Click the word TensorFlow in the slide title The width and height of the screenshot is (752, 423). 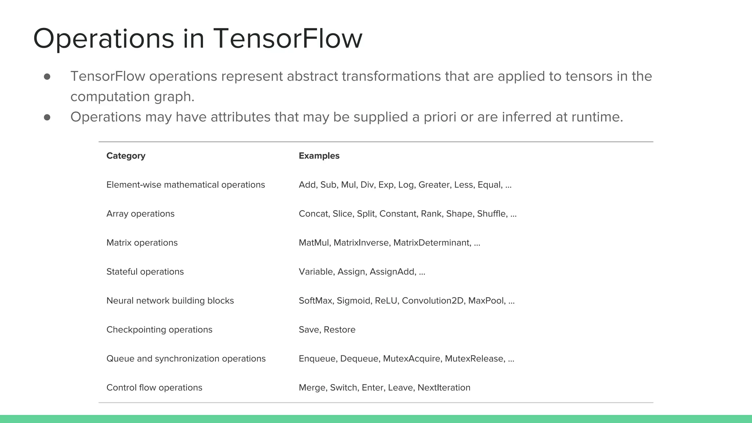pos(288,39)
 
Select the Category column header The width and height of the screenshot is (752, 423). pos(126,156)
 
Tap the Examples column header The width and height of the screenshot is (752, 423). pos(319,156)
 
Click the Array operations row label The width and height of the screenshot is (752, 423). pos(140,214)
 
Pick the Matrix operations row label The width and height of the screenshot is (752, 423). pos(142,243)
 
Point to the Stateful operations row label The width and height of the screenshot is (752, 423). pos(145,272)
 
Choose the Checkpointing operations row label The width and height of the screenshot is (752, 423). pos(159,330)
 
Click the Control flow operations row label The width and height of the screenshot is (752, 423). pos(154,388)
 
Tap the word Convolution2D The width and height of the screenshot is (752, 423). pos(433,301)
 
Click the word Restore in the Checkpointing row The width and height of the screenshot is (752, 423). pos(340,330)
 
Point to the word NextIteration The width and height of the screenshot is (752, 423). pos(444,388)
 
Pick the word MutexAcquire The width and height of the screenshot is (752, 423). pos(411,359)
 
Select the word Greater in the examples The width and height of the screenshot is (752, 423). pos(434,185)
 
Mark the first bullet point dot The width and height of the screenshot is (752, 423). pos(47,76)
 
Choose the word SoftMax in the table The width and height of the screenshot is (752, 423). pos(315,301)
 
